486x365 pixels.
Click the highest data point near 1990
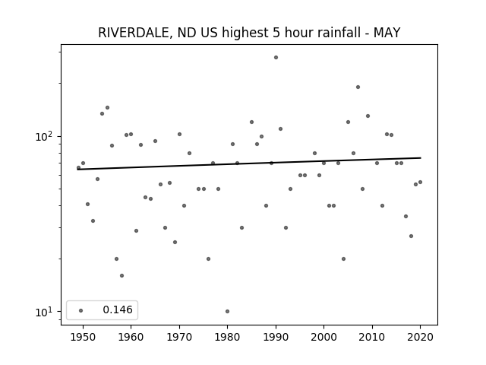(x=276, y=58)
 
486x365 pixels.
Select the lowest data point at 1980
(x=228, y=311)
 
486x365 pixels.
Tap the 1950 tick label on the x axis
(x=83, y=337)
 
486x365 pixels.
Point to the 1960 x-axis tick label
(x=131, y=337)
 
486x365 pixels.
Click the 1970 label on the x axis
(x=179, y=337)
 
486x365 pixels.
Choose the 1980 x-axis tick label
(x=228, y=337)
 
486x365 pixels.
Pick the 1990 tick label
(x=276, y=337)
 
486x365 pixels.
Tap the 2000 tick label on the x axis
(x=324, y=337)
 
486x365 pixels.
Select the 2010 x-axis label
(x=372, y=337)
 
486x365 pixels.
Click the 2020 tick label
(x=420, y=337)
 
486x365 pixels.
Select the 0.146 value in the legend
(x=118, y=309)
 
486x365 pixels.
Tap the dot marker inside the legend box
(x=81, y=310)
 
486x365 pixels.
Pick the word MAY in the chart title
(x=387, y=33)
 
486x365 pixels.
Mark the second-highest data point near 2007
(x=358, y=87)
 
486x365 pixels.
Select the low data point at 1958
(x=121, y=275)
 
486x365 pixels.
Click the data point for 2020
(x=420, y=182)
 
